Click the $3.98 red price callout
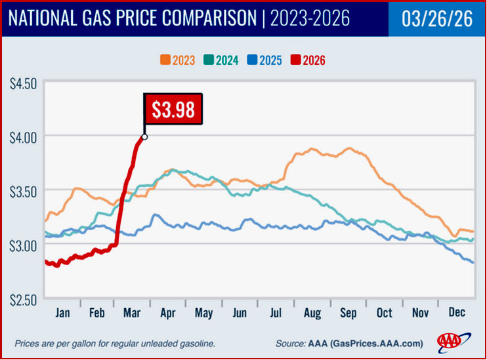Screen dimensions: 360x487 (173, 110)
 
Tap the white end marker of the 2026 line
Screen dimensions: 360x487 (144, 137)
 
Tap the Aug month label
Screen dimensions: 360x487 (312, 313)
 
